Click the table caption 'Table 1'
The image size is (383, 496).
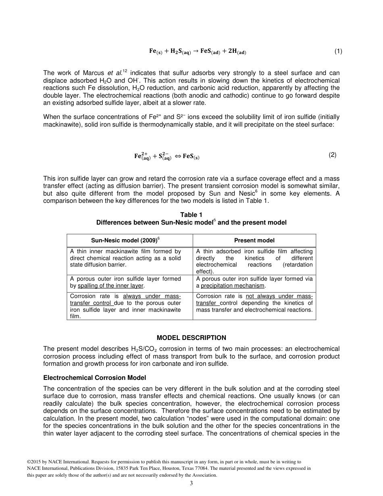191,215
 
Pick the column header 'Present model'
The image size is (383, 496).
254,240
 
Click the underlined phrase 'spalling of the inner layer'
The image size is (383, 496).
110,286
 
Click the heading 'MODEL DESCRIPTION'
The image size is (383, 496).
191,338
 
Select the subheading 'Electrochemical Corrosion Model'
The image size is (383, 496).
94,378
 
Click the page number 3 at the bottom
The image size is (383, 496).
191,483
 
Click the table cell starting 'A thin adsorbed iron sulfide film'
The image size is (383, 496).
254,261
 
